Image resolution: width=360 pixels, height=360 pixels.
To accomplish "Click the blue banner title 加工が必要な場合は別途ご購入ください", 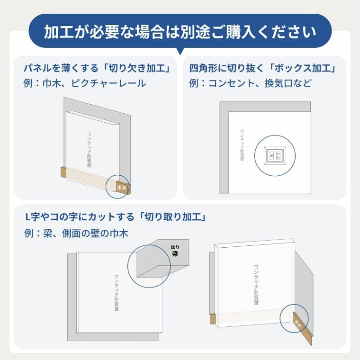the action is (180, 31).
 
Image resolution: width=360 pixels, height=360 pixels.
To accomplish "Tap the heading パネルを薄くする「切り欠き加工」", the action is (97, 68).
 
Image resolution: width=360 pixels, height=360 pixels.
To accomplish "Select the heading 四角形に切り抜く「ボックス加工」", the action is (262, 68).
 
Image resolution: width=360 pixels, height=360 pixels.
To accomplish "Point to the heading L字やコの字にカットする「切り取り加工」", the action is (115, 217).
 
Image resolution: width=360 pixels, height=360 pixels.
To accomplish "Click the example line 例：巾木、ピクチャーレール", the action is (85, 83).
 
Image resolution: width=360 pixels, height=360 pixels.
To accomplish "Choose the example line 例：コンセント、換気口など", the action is (250, 83).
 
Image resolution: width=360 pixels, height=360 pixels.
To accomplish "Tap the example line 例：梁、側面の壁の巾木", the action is (76, 234).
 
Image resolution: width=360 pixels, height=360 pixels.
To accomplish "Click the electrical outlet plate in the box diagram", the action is (275, 156).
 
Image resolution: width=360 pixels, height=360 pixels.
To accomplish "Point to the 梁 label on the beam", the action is (175, 254).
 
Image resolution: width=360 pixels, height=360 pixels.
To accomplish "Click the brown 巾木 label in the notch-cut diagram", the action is (122, 188).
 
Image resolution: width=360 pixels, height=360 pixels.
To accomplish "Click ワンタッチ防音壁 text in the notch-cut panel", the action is (89, 150).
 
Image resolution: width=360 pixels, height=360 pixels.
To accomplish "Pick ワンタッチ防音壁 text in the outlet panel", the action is (242, 145).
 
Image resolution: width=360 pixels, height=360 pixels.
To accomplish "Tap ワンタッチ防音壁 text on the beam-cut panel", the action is (117, 293).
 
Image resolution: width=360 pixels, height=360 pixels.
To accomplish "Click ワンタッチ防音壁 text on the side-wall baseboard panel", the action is (256, 285).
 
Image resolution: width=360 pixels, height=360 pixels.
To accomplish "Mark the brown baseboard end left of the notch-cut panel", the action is (63, 172).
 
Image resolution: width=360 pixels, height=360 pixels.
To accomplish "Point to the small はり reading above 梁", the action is (175, 247).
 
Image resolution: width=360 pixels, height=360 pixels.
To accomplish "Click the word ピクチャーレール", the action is (108, 83).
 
